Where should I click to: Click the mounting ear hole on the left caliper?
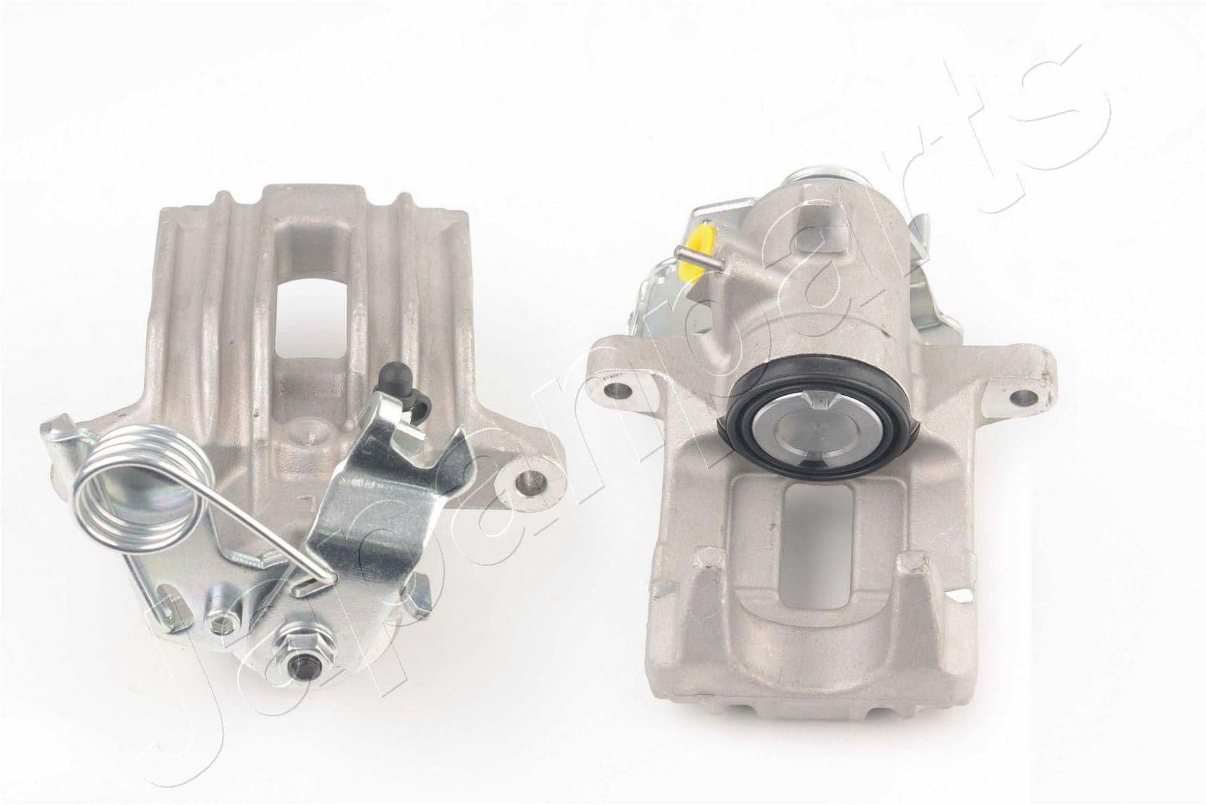click(x=531, y=479)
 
